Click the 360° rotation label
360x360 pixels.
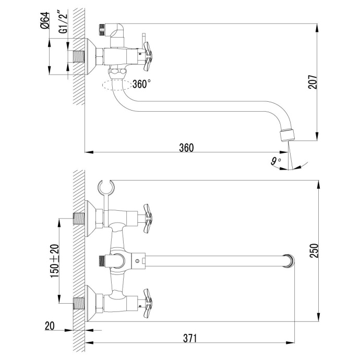[x=141, y=83]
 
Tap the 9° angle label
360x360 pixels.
[x=275, y=161]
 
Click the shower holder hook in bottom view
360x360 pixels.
[x=105, y=186]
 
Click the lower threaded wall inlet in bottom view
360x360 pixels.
[x=79, y=302]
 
